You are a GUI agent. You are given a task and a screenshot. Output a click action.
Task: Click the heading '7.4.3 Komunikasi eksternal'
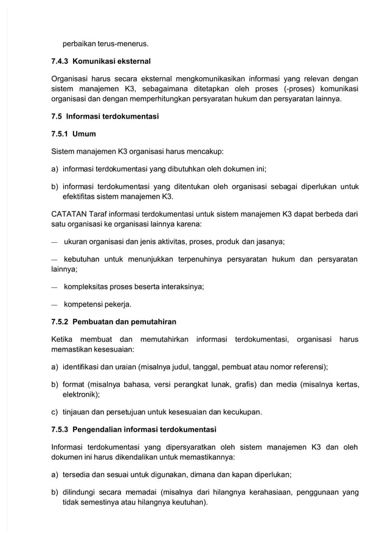pos(101,61)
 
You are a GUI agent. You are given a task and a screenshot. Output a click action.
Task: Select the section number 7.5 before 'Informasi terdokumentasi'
pos(57,116)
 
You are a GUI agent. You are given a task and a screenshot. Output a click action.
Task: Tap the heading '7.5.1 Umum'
pos(74,133)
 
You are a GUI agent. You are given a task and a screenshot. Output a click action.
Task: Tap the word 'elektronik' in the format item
pos(80,394)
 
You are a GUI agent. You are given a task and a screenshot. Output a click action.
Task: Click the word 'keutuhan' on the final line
pos(189,503)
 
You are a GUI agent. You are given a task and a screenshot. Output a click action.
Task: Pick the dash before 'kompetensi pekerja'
pos(55,304)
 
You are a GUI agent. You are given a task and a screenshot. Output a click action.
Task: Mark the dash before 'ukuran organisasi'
pos(55,242)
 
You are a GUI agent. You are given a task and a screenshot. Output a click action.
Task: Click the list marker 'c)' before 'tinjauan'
pos(55,412)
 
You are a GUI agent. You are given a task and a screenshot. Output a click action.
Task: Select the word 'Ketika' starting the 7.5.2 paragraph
pos(63,339)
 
